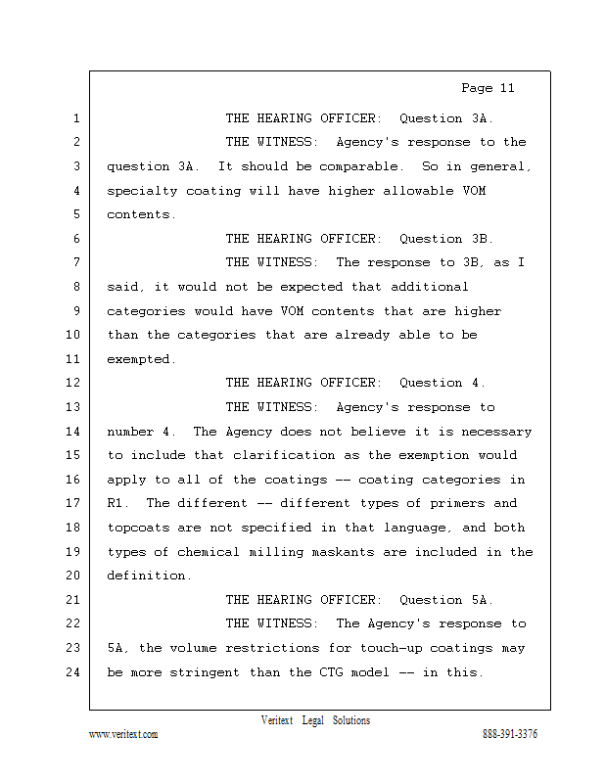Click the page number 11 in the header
tap(505, 88)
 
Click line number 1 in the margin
tap(75, 118)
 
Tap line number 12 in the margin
tap(72, 383)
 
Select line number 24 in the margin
tap(72, 671)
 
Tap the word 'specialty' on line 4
tap(142, 191)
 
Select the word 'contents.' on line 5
tap(142, 214)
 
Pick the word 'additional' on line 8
tap(430, 287)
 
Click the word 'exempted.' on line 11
tap(142, 359)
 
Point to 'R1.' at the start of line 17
tap(119, 503)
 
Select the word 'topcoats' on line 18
tap(138, 528)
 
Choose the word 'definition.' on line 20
tap(150, 576)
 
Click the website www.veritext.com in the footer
tap(123, 734)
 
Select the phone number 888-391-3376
tap(509, 734)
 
